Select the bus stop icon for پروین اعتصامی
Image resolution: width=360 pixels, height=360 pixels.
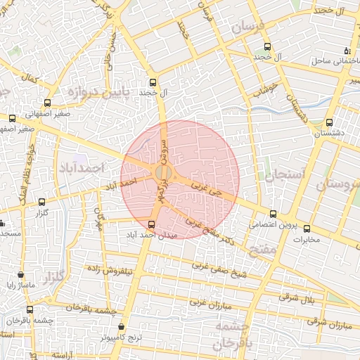[274, 214]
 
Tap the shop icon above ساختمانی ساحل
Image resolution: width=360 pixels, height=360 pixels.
[347, 50]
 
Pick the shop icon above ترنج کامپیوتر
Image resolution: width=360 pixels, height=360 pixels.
[122, 327]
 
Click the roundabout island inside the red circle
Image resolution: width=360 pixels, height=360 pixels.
[163, 173]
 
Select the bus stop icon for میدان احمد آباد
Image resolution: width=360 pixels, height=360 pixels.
[152, 224]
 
